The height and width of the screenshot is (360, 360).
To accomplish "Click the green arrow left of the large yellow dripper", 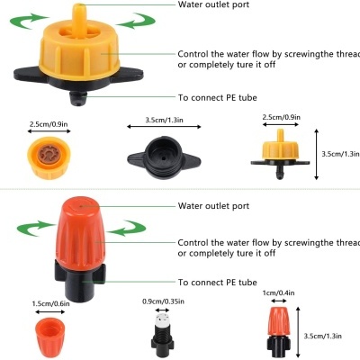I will [35, 17].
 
